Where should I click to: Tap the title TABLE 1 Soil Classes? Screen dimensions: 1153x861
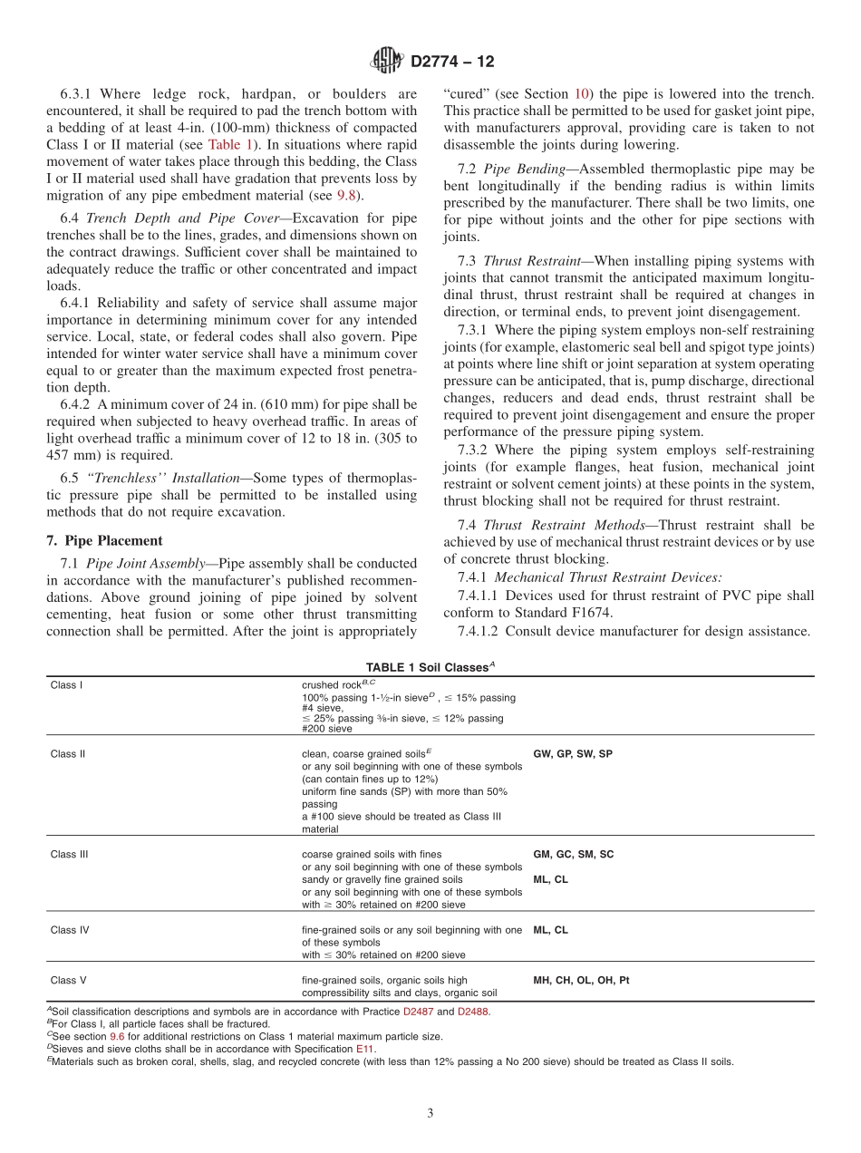[x=430, y=666]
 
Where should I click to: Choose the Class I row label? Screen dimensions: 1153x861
[x=66, y=685]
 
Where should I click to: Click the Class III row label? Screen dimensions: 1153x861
[x=69, y=854]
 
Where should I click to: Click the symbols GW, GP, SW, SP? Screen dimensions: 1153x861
[x=573, y=753]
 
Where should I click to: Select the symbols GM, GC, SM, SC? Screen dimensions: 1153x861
[x=573, y=854]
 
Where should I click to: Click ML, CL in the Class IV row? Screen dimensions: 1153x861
[x=550, y=929]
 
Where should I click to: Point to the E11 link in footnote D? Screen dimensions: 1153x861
[x=364, y=1048]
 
